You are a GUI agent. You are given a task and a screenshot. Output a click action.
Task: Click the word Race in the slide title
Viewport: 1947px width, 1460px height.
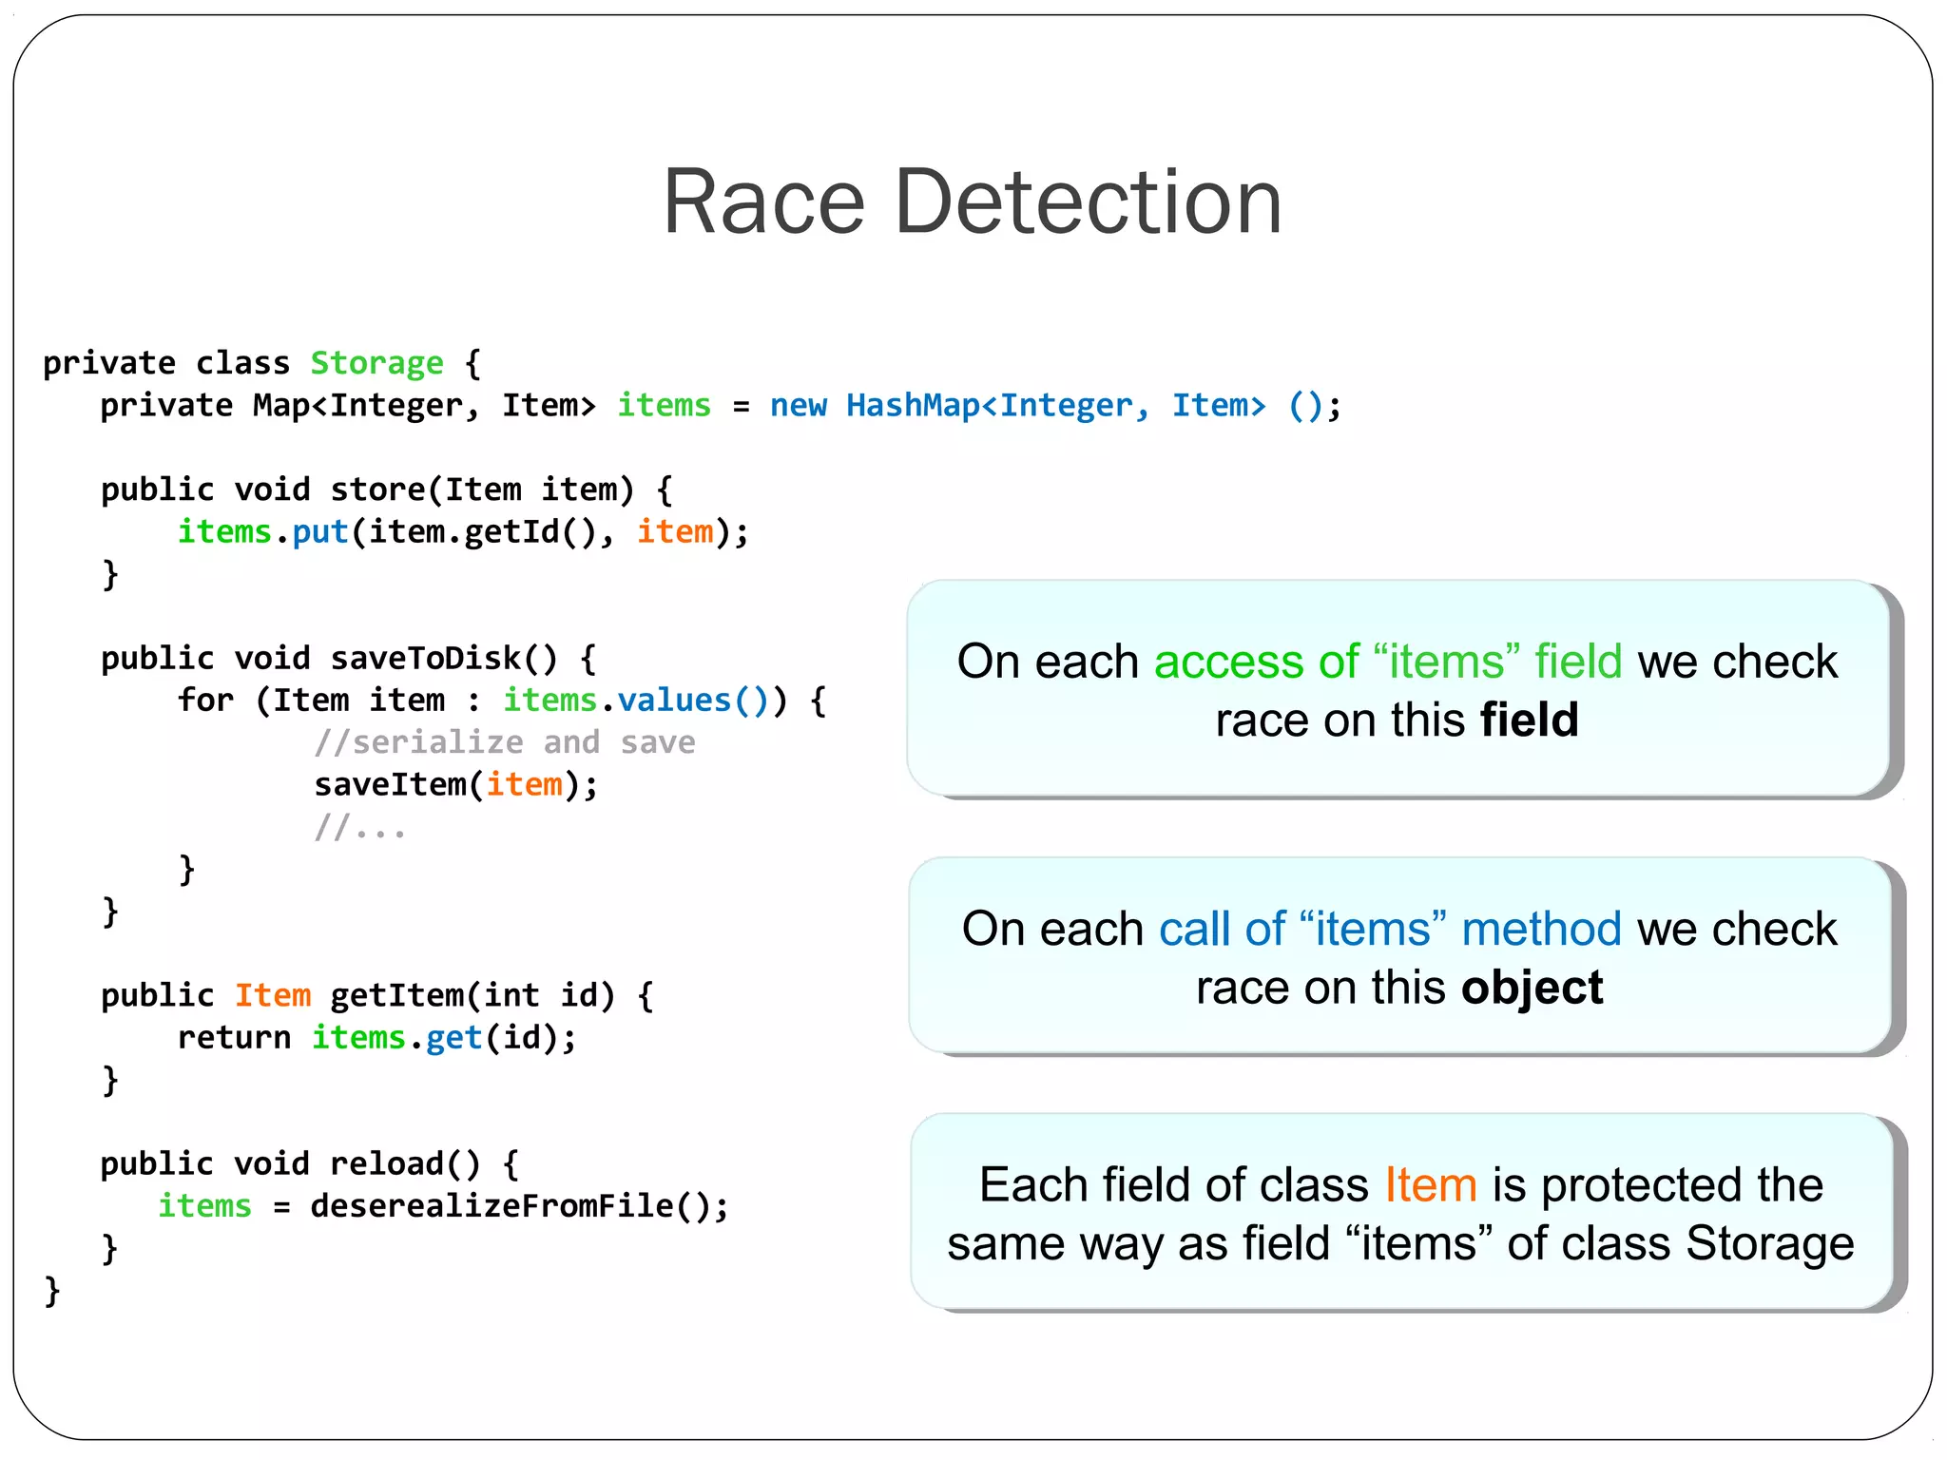763,202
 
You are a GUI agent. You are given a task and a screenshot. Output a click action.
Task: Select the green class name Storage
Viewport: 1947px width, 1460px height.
376,363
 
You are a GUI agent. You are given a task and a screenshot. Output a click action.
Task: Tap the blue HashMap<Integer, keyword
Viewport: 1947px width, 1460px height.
997,406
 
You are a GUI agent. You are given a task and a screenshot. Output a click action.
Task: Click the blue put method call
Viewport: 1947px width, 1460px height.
319,532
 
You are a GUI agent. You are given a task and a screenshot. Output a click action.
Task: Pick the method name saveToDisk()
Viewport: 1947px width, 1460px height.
443,658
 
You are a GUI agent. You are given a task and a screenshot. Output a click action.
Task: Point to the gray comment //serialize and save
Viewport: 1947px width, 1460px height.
505,742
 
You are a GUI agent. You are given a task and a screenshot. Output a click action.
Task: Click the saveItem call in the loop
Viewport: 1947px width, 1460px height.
390,785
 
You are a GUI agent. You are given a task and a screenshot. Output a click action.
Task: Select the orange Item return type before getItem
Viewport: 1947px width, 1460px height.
273,995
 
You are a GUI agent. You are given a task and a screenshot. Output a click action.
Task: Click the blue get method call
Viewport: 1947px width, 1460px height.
453,1038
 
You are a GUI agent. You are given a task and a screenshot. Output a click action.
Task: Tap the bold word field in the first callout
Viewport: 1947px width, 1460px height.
1529,720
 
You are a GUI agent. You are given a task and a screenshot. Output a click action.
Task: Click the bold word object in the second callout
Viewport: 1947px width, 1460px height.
1532,988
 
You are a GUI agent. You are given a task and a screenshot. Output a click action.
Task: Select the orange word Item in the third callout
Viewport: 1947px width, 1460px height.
1430,1185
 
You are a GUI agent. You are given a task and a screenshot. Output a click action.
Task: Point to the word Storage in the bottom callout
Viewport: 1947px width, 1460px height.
1769,1243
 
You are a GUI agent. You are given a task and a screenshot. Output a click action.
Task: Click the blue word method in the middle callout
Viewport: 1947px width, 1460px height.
1540,929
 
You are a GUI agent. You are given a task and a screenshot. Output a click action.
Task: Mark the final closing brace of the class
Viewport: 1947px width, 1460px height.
52,1291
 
